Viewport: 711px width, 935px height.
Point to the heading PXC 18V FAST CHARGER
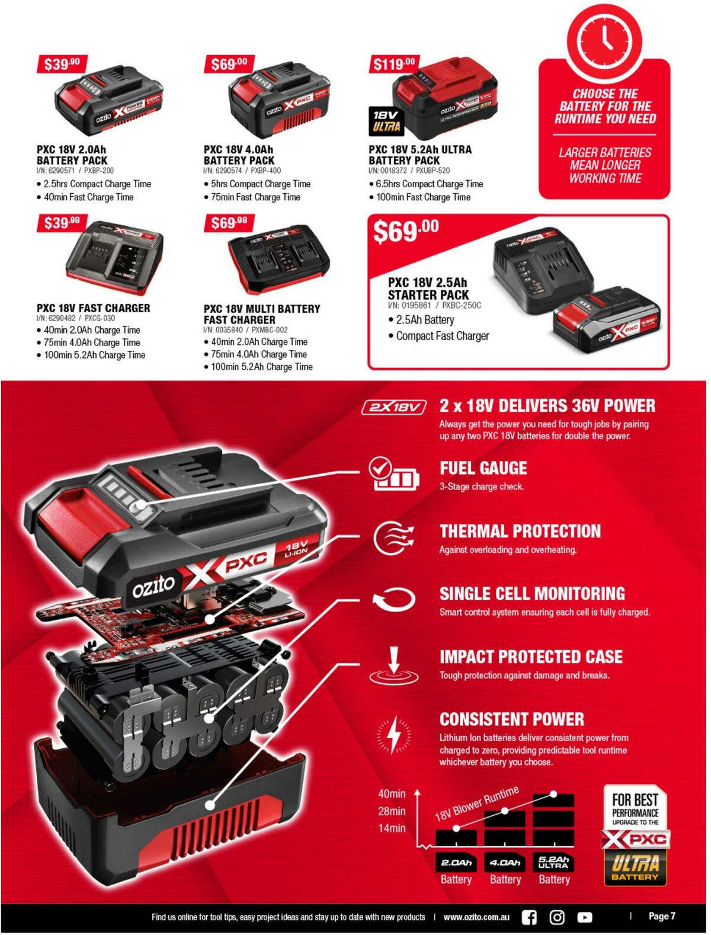coord(93,308)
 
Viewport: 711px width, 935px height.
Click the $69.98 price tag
coord(229,223)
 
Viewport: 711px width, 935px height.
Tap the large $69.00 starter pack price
coord(406,230)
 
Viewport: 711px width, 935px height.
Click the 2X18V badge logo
coord(394,408)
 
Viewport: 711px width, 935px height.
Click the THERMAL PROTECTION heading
coord(520,531)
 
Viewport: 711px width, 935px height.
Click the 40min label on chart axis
coord(392,794)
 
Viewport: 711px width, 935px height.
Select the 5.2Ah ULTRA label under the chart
coord(554,862)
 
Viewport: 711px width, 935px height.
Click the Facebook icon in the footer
coord(529,917)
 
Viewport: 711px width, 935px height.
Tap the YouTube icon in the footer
coord(585,917)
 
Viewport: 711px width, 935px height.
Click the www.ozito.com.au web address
coord(476,917)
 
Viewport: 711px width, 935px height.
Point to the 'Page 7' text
coord(662,916)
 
